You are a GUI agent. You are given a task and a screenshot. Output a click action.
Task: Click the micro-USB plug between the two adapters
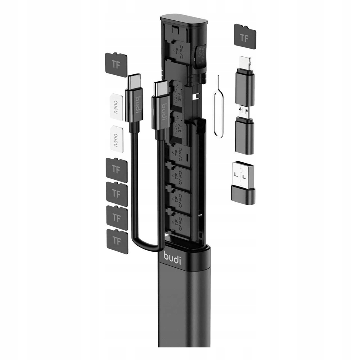[x=244, y=110]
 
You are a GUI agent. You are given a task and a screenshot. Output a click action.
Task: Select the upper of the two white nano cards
[x=116, y=105]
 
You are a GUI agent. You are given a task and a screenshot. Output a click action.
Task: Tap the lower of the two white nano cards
[x=116, y=137]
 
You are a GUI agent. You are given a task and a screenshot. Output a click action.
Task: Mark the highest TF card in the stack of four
[x=116, y=169]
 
